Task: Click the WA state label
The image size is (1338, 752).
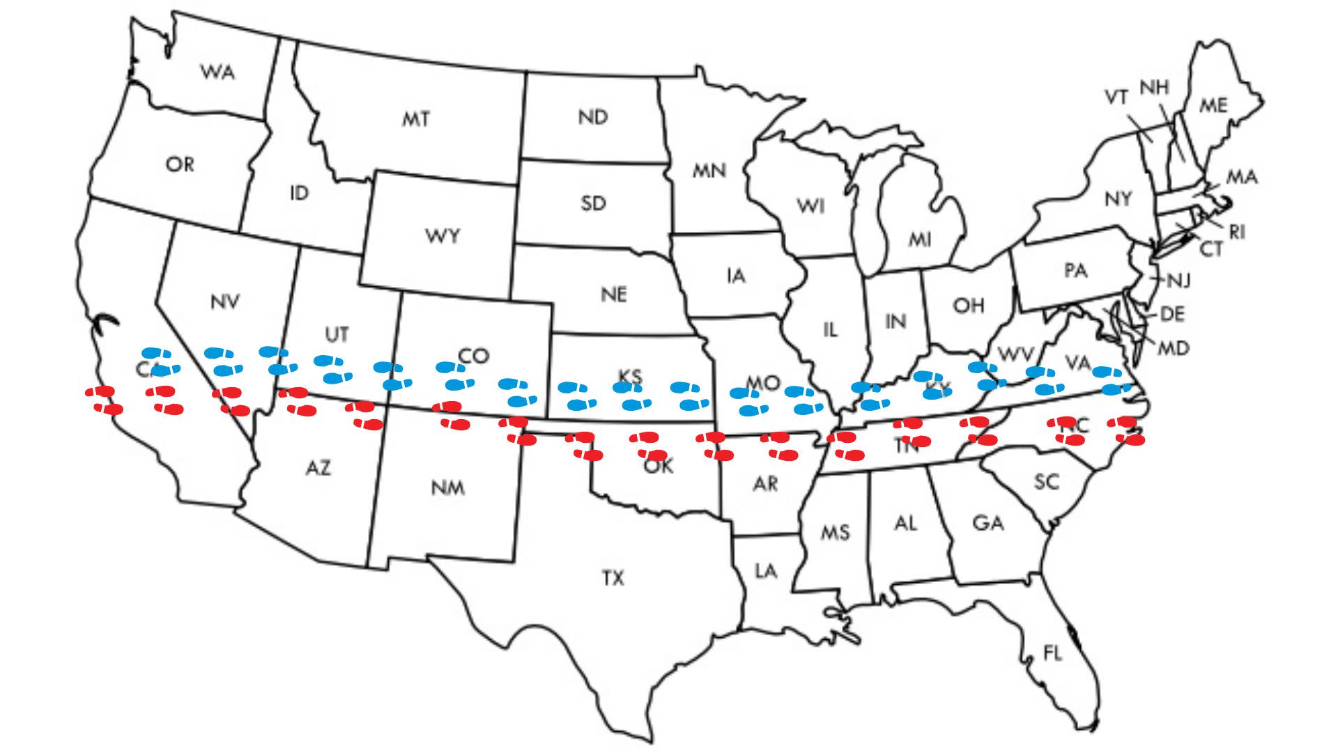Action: [x=218, y=72]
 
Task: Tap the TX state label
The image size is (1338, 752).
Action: [x=613, y=578]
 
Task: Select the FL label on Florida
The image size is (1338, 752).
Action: [x=1052, y=653]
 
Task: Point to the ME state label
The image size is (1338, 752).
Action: [x=1213, y=106]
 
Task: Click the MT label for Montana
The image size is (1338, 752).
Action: [x=416, y=120]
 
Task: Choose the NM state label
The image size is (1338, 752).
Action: [x=447, y=487]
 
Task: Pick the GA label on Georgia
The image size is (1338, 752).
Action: [x=988, y=522]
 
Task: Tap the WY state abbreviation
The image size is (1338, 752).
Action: [x=443, y=236]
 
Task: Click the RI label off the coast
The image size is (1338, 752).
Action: [x=1237, y=232]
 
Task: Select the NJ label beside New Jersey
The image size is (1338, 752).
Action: [x=1178, y=281]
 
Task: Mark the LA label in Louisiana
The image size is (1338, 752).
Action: [x=766, y=571]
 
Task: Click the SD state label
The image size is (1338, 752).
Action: [x=593, y=203]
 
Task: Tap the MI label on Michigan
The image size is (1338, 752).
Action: [x=920, y=240]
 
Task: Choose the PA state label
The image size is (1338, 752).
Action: [x=1076, y=270]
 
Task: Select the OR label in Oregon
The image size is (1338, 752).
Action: [x=180, y=165]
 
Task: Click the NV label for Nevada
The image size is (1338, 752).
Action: [x=224, y=301]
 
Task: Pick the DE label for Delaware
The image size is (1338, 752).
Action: [x=1172, y=315]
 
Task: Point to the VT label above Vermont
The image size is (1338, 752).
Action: [x=1116, y=98]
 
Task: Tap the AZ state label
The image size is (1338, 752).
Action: [x=318, y=468]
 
